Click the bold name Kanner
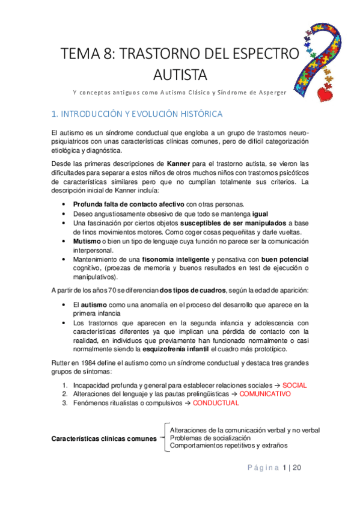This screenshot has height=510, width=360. pyautogui.click(x=180, y=164)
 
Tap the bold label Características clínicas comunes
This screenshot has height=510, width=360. pyautogui.click(x=104, y=438)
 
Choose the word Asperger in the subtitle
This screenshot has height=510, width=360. pyautogui.click(x=267, y=92)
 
